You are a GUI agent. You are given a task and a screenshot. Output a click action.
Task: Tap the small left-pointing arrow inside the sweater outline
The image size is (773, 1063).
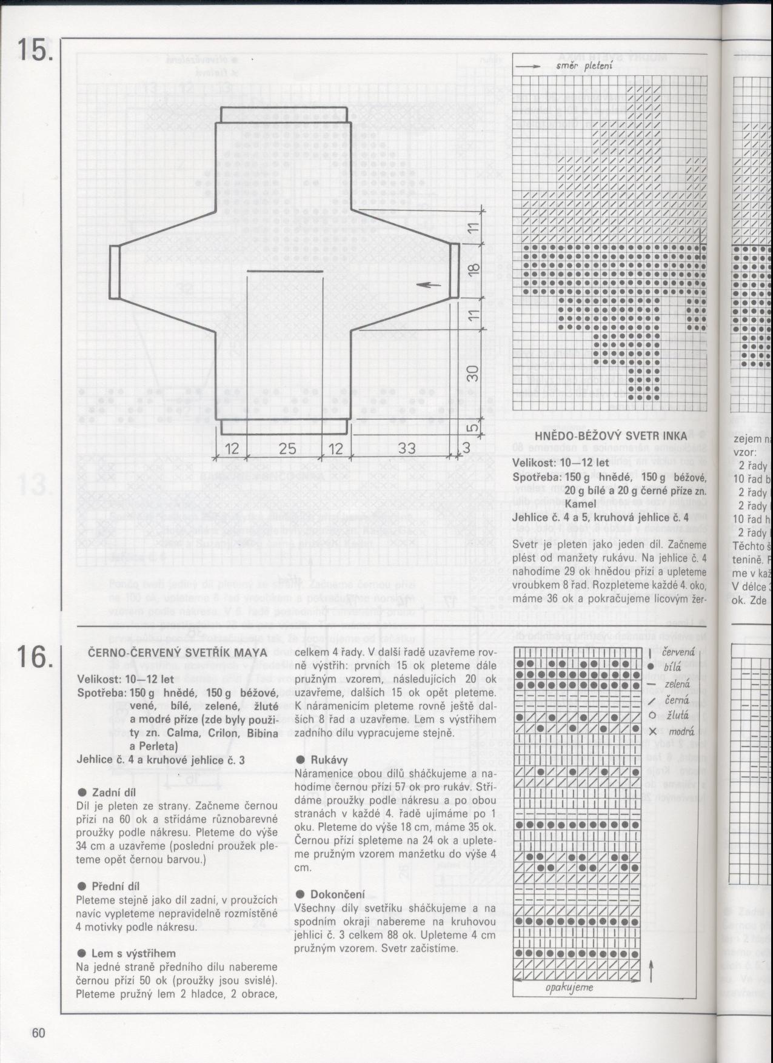pos(430,284)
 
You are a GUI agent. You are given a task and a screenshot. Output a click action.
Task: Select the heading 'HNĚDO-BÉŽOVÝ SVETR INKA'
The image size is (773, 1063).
pos(611,435)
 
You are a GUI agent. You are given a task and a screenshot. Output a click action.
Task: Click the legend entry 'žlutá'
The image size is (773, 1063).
pos(673,715)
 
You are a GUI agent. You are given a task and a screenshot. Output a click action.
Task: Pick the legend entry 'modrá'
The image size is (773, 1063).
pos(674,731)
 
